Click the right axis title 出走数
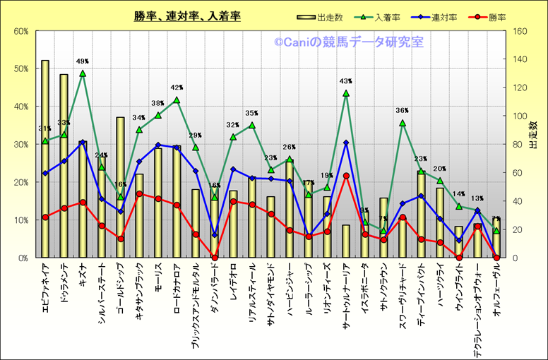pyautogui.click(x=533, y=134)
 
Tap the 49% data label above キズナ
pyautogui.click(x=83, y=61)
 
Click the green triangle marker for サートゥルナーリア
pyautogui.click(x=346, y=93)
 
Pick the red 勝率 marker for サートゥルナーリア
pyautogui.click(x=346, y=176)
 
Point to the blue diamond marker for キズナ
pyautogui.click(x=83, y=143)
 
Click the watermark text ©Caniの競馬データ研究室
pyautogui.click(x=349, y=42)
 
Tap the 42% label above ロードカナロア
pyautogui.click(x=177, y=88)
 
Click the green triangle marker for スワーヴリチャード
pyautogui.click(x=403, y=123)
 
